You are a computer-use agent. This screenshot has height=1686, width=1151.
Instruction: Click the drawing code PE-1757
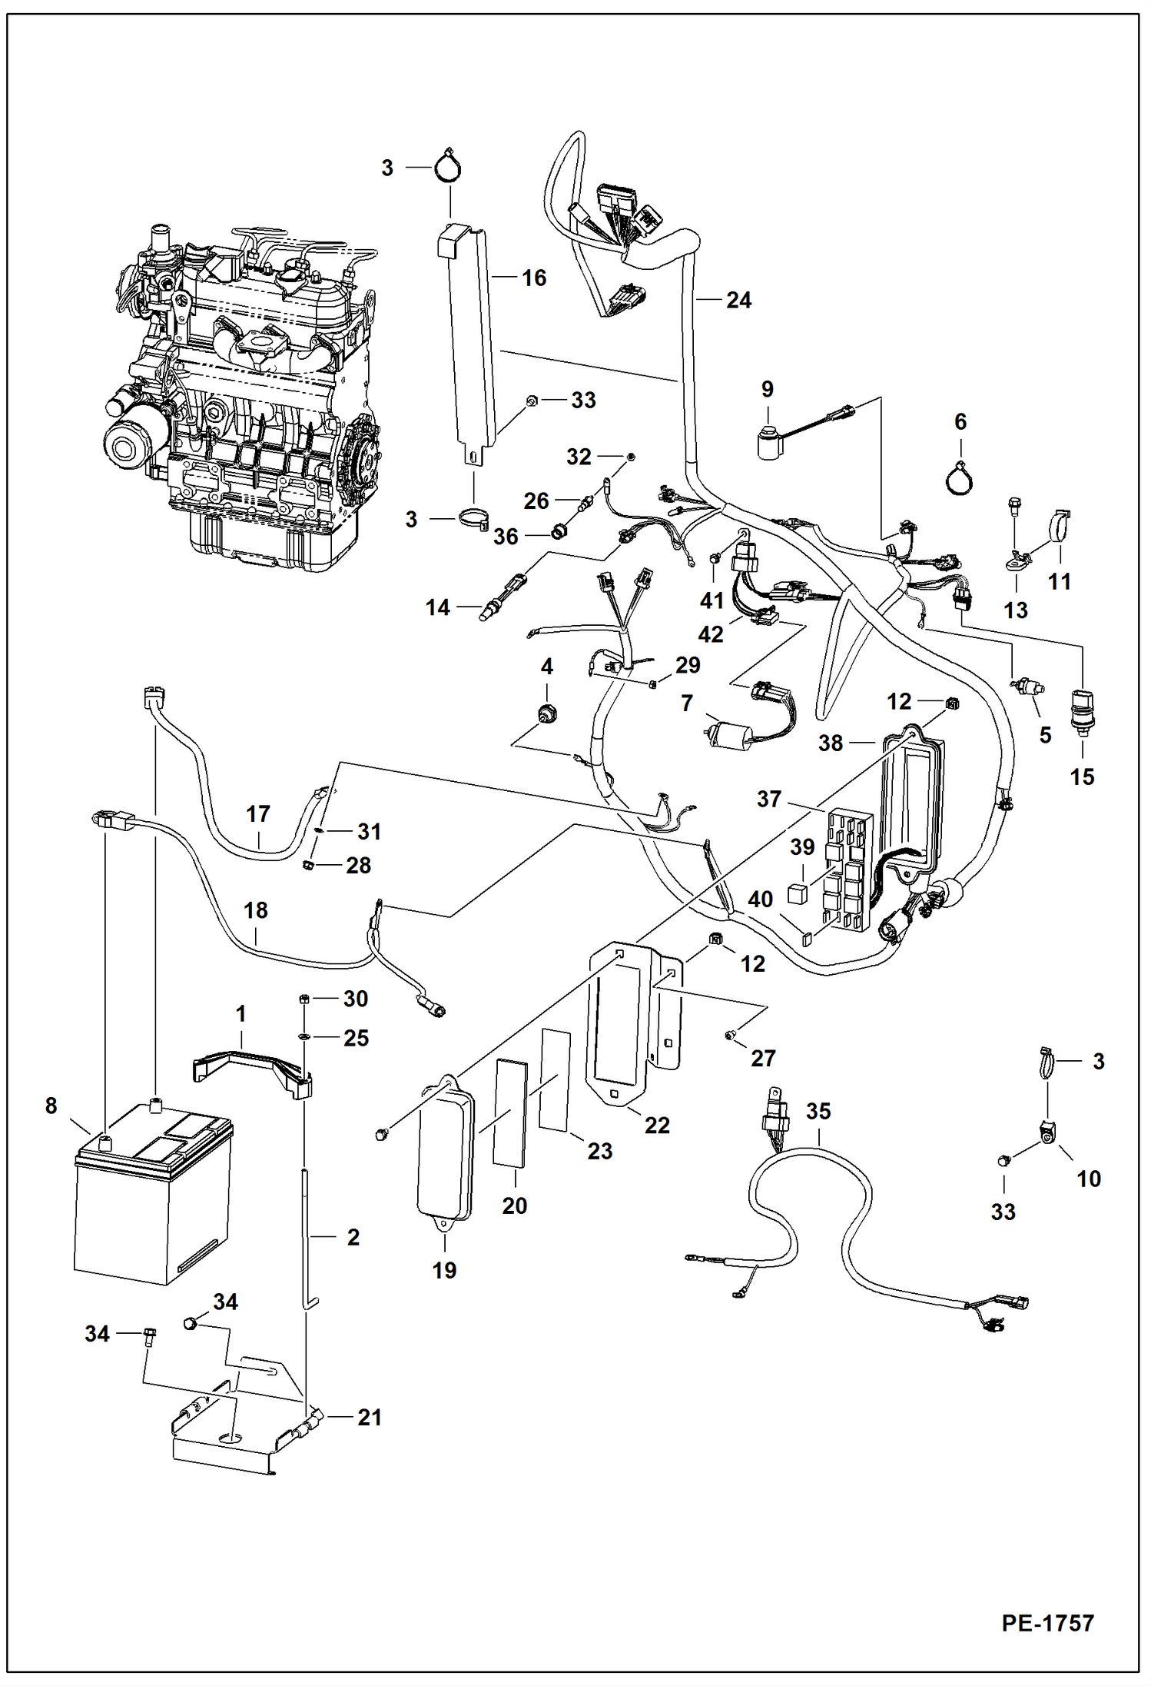[1047, 1622]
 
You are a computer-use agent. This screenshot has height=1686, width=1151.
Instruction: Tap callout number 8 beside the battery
[51, 1106]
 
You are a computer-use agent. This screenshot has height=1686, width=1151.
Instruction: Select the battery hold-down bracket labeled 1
[254, 1066]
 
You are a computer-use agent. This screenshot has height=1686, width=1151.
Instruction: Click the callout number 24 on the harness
[738, 300]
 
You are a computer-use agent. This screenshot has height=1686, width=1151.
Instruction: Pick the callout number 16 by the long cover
[534, 278]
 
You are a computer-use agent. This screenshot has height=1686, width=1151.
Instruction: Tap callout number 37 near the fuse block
[768, 799]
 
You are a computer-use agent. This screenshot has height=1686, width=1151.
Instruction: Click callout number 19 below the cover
[444, 1270]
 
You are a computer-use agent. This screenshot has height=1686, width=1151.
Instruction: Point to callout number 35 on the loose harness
[818, 1111]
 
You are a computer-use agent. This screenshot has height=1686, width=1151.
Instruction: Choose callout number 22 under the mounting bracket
[657, 1125]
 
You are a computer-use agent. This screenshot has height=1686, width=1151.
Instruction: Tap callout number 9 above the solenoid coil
[767, 389]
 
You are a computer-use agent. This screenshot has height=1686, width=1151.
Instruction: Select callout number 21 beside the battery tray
[370, 1417]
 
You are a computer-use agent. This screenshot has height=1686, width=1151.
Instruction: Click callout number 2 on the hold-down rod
[353, 1237]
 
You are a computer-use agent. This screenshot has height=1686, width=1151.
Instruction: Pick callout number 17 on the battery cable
[258, 813]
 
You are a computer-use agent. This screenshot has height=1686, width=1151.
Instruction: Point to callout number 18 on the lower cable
[255, 910]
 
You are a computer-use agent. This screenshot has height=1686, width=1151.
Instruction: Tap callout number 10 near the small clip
[1088, 1179]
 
